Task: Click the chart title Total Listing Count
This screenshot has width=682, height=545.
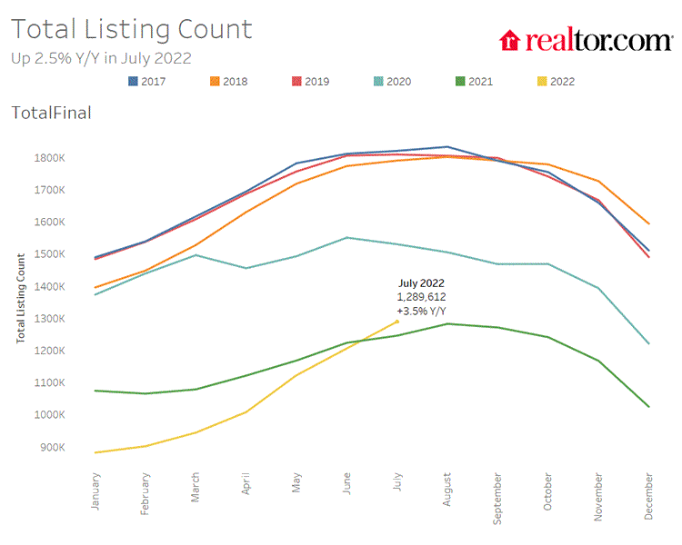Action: tap(131, 29)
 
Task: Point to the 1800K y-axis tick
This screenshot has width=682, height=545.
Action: tap(50, 158)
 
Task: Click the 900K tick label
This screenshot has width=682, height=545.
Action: tap(52, 447)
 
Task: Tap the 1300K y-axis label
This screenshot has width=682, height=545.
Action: tap(50, 319)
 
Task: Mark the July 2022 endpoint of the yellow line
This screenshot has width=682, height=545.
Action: tap(396, 322)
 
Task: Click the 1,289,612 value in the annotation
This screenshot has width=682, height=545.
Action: tap(421, 297)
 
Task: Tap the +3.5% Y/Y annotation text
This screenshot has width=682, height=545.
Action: tap(421, 312)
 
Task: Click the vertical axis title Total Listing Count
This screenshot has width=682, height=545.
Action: tap(20, 297)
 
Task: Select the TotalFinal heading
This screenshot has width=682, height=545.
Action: tap(51, 113)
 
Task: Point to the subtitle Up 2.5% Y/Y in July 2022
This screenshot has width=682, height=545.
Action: tap(101, 58)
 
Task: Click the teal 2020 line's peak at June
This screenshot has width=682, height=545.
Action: tap(346, 237)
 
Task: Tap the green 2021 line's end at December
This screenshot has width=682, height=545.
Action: tap(647, 407)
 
